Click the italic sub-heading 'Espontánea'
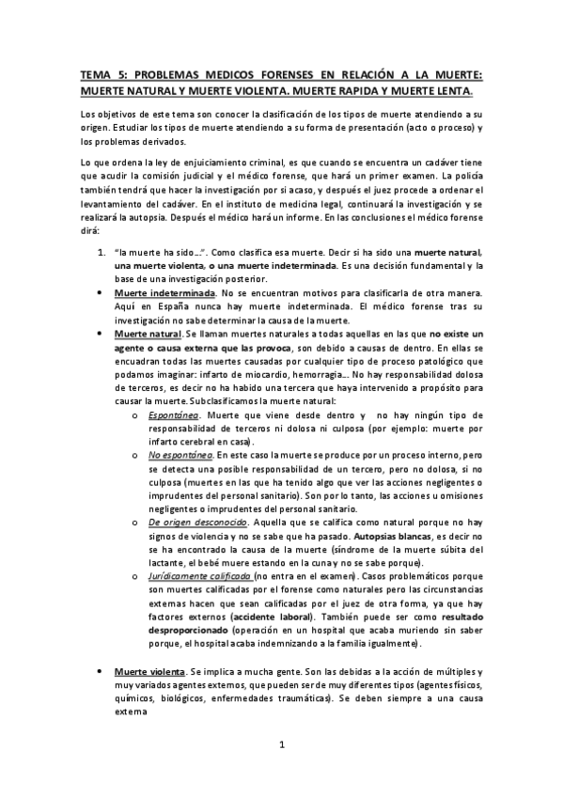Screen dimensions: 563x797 171,414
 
